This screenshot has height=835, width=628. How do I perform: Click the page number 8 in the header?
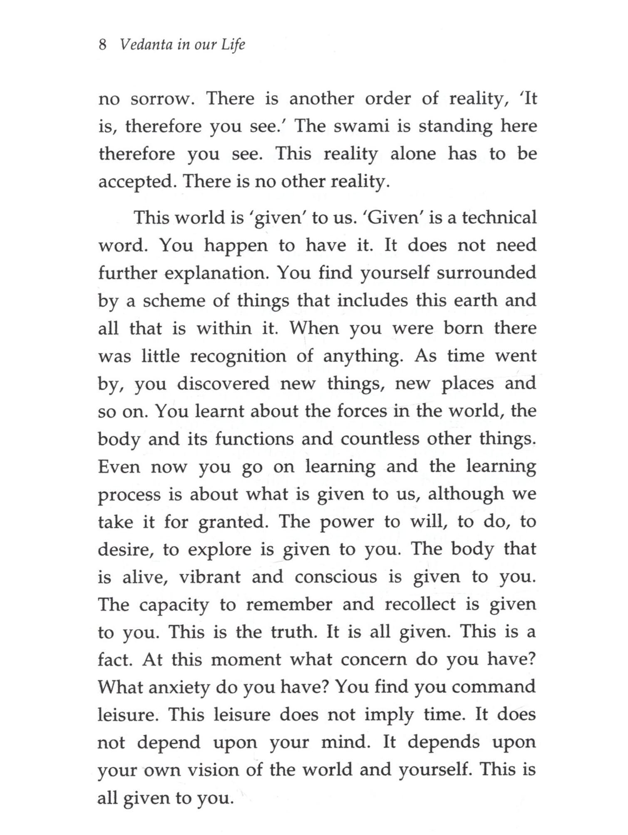[103, 45]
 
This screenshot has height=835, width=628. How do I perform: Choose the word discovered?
[223, 383]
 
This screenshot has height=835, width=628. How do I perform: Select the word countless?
[385, 439]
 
